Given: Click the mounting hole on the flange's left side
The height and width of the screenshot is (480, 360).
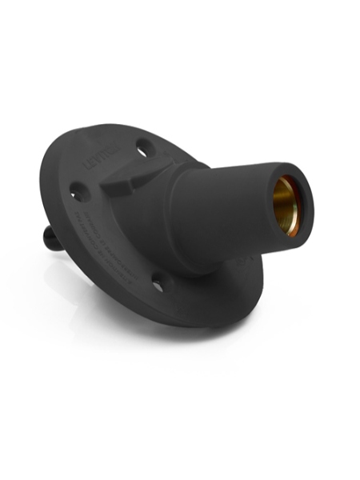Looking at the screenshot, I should tap(78, 192).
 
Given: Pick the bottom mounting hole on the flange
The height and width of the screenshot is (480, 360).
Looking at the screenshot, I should tap(159, 283).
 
